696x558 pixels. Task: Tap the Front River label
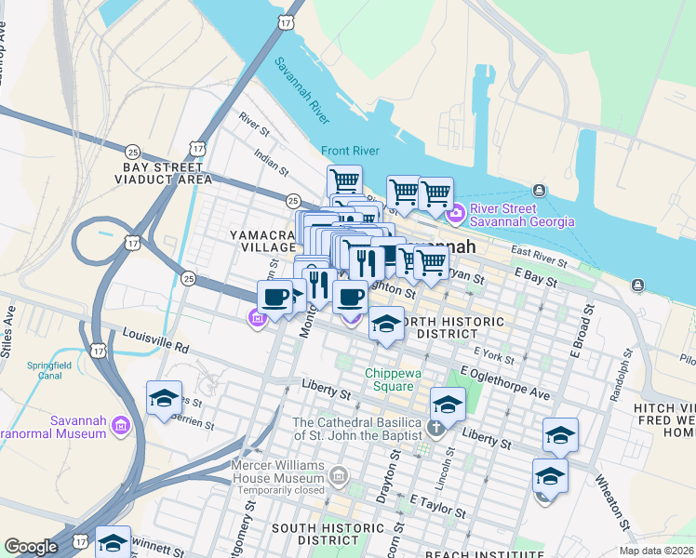352,151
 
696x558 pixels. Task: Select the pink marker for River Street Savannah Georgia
456,215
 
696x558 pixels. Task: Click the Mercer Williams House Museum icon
339,477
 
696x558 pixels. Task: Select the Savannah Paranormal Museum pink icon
119,427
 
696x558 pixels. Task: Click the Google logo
31,546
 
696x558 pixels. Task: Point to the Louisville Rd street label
155,346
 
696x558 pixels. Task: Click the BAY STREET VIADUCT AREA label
162,173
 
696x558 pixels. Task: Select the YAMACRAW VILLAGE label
262,242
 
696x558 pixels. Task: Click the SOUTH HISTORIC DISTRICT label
321,535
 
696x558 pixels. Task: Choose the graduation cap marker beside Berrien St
164,401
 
